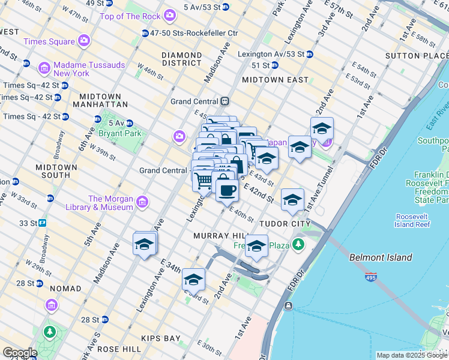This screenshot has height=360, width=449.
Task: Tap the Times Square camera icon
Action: pyautogui.click(x=83, y=41)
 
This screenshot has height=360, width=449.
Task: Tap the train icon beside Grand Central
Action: pyautogui.click(x=225, y=101)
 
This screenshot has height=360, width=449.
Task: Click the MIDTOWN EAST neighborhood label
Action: pyautogui.click(x=275, y=79)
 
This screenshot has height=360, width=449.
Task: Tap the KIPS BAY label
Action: pyautogui.click(x=161, y=338)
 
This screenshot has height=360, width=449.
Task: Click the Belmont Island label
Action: pyautogui.click(x=381, y=257)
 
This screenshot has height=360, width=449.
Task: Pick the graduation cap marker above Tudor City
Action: pyautogui.click(x=292, y=200)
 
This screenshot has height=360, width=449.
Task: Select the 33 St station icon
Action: pyautogui.click(x=43, y=223)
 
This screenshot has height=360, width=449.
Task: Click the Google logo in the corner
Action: pyautogui.click(x=20, y=353)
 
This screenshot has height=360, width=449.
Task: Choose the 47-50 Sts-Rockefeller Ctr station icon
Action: pyautogui.click(x=145, y=33)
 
